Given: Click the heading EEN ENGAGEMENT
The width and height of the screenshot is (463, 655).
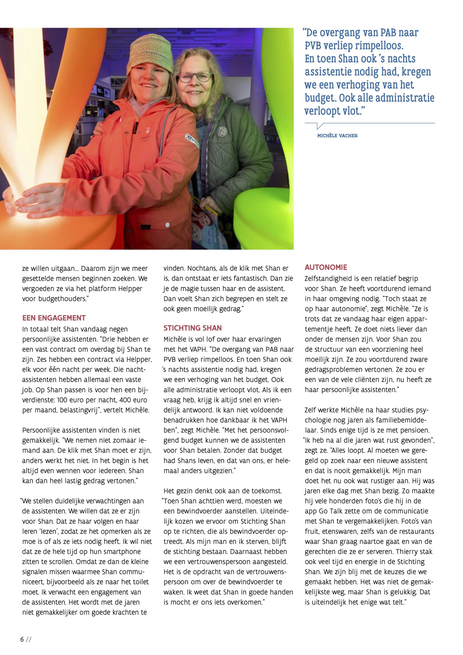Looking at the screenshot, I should [54, 318].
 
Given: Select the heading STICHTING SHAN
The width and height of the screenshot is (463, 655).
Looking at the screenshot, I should [193, 328].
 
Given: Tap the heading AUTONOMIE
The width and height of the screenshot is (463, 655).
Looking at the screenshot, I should [326, 267].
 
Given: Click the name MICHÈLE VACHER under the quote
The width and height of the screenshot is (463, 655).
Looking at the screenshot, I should [337, 136].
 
